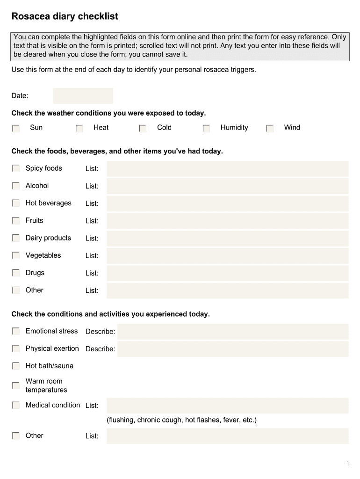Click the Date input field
[x=83, y=96]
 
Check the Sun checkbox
[x=16, y=128]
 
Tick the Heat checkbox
[x=79, y=128]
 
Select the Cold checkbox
[x=143, y=128]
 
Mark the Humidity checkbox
[x=206, y=128]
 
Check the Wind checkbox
[x=270, y=128]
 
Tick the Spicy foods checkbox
[x=16, y=168]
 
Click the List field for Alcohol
[x=227, y=186]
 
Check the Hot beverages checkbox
[x=16, y=203]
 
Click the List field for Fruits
[x=227, y=221]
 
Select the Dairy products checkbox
[x=16, y=238]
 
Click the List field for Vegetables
[x=227, y=256]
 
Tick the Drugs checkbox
[x=16, y=273]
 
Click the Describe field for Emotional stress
[x=232, y=332]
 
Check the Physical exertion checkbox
[x=16, y=349]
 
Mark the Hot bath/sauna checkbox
[x=16, y=366]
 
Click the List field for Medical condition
[x=227, y=406]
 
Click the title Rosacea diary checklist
[x=65, y=17]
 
